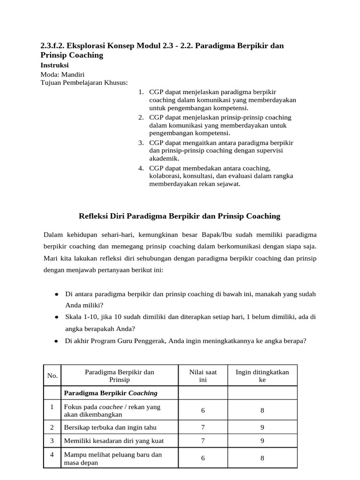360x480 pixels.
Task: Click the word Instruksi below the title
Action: [55, 65]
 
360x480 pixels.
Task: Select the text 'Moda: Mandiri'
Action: [63, 75]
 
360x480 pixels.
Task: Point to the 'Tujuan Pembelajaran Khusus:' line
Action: [84, 83]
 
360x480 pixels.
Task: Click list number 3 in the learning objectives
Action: [141, 142]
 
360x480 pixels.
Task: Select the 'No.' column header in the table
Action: [52, 375]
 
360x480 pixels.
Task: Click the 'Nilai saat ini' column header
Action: [203, 375]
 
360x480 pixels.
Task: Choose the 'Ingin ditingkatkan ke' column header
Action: [262, 375]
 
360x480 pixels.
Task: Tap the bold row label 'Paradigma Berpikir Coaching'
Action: [111, 393]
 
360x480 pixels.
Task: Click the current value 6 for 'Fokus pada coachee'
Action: [203, 411]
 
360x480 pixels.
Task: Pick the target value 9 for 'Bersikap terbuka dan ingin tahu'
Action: [262, 427]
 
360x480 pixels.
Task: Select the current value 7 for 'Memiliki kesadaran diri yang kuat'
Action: [203, 441]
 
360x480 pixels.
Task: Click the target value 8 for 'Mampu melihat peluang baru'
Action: [262, 458]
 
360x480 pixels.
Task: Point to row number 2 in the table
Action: [52, 427]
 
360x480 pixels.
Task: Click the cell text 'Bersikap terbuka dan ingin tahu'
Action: [110, 427]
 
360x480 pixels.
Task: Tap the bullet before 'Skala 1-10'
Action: [56, 317]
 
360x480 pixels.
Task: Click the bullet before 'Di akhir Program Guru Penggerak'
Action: [56, 342]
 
